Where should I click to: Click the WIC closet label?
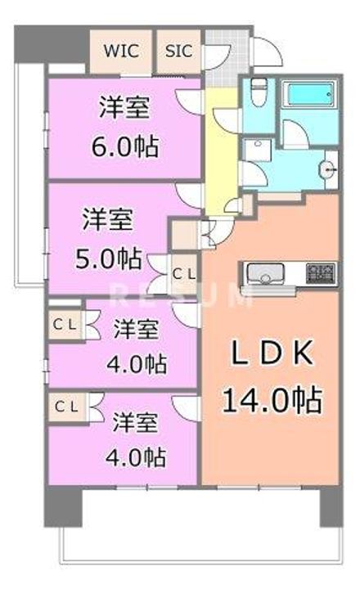[x=120, y=50]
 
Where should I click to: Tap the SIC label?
[x=179, y=50]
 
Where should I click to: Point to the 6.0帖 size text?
[x=125, y=147]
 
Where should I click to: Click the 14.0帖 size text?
[x=270, y=401]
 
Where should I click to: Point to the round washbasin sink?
[x=327, y=171]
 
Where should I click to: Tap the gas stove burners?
[x=321, y=271]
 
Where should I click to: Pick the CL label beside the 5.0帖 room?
[x=183, y=272]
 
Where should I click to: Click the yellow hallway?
[x=219, y=147]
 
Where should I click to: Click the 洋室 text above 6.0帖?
[x=125, y=107]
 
